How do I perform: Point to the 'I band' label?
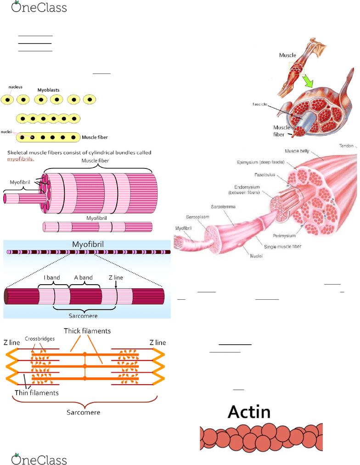tap(51, 277)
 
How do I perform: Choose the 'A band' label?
tap(83, 277)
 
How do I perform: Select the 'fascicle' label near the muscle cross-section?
tap(260, 104)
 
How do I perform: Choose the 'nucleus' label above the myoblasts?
tap(15, 86)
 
